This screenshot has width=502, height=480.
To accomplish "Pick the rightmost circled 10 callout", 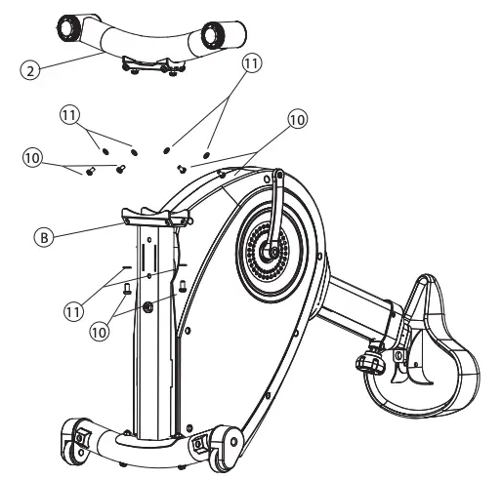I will [x=297, y=119].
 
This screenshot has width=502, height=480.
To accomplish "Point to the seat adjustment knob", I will [x=369, y=363].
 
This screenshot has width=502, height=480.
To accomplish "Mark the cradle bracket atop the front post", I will [x=150, y=216].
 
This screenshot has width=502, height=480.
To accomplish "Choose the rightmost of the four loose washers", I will [x=207, y=153].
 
